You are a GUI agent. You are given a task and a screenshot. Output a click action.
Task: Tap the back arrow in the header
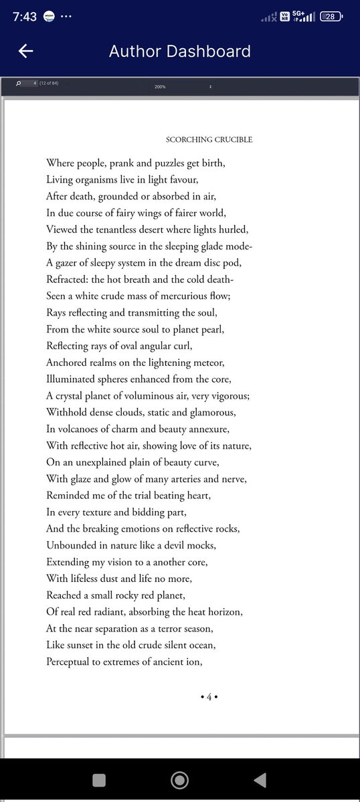coord(26,52)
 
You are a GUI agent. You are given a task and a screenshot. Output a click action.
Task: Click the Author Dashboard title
coord(179,52)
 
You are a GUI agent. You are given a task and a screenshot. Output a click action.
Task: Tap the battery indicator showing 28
coord(331,17)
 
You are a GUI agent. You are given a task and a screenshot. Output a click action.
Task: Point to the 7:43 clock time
coord(25,17)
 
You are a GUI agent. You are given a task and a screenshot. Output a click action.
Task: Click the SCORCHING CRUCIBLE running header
coord(209,140)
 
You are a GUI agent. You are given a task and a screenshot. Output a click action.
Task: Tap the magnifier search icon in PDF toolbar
coord(18,84)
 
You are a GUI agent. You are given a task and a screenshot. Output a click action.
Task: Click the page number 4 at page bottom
coord(209,697)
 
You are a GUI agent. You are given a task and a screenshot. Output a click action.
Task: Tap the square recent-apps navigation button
coord(99,779)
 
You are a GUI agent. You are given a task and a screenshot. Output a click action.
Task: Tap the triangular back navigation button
coord(260,779)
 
